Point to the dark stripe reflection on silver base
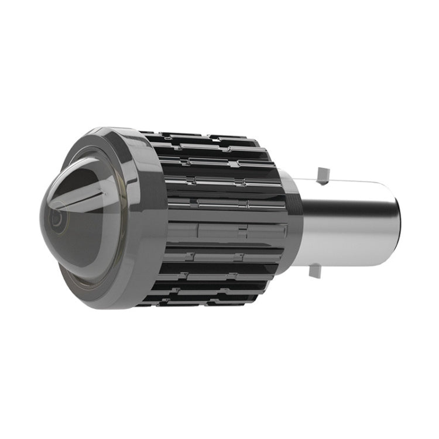tap(351, 208)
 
